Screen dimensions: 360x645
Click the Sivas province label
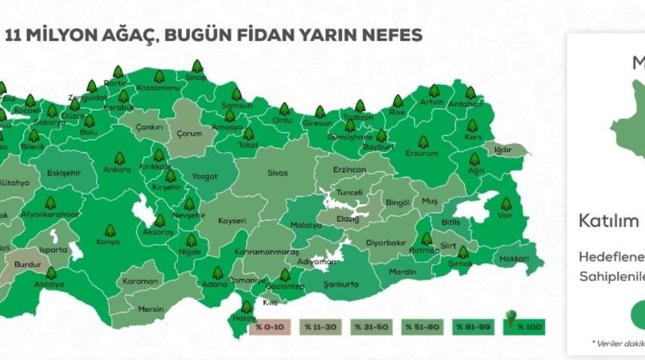tap(277, 172)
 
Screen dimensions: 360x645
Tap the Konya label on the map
tap(108, 242)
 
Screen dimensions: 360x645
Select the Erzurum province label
tap(421, 153)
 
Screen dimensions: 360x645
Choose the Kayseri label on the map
tap(232, 221)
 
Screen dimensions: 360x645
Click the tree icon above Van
tap(505, 203)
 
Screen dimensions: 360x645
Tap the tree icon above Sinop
tap(196, 67)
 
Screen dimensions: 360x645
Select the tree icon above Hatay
tap(245, 307)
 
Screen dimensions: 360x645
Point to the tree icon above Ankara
tap(118, 158)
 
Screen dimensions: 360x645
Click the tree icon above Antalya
tap(51, 273)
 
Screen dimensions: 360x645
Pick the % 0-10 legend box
tap(268, 327)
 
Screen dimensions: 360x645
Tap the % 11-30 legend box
tap(318, 327)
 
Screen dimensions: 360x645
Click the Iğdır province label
tap(502, 149)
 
